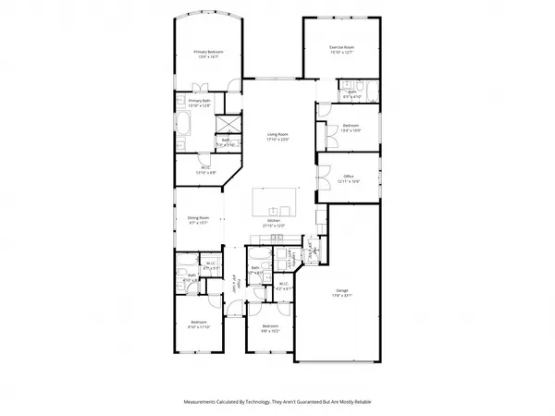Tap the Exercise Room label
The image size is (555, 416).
pyautogui.click(x=342, y=50)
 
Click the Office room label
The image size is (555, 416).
pyautogui.click(x=349, y=178)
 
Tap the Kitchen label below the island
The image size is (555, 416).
pyautogui.click(x=274, y=223)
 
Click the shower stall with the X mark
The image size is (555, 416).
pyautogui.click(x=228, y=127)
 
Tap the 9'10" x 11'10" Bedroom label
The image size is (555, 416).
pyautogui.click(x=200, y=325)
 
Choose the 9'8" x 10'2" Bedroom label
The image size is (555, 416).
pyautogui.click(x=269, y=328)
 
